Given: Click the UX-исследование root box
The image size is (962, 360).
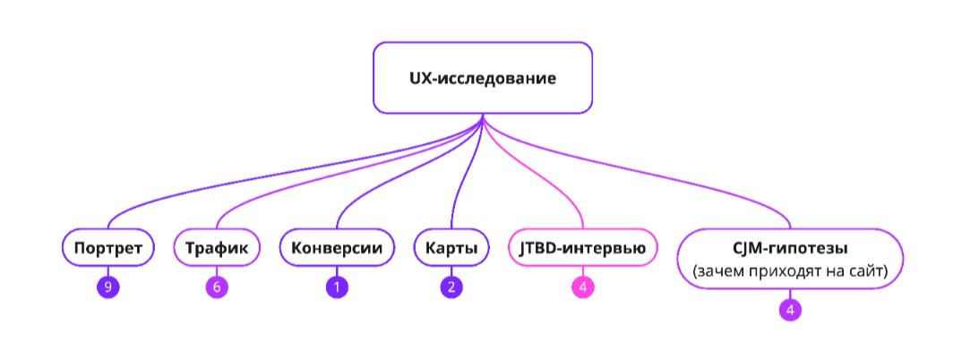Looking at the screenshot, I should [483, 78].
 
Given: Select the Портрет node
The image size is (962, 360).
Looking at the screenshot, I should [108, 247].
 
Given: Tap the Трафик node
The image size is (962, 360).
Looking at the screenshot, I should [217, 247].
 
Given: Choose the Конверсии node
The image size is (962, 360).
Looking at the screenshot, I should [337, 247].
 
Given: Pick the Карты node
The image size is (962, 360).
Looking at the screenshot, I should [451, 247].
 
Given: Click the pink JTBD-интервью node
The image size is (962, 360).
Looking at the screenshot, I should [582, 247].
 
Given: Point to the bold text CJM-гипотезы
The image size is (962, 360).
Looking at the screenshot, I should [789, 244].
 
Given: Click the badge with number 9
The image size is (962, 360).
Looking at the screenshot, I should [108, 287].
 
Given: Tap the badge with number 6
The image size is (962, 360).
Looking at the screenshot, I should [217, 287].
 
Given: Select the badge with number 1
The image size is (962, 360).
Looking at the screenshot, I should [337, 287].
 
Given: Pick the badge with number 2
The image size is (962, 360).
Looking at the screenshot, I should [451, 287].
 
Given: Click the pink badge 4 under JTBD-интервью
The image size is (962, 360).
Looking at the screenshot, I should [582, 287].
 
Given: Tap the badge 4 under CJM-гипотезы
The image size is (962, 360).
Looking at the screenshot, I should [790, 310].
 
